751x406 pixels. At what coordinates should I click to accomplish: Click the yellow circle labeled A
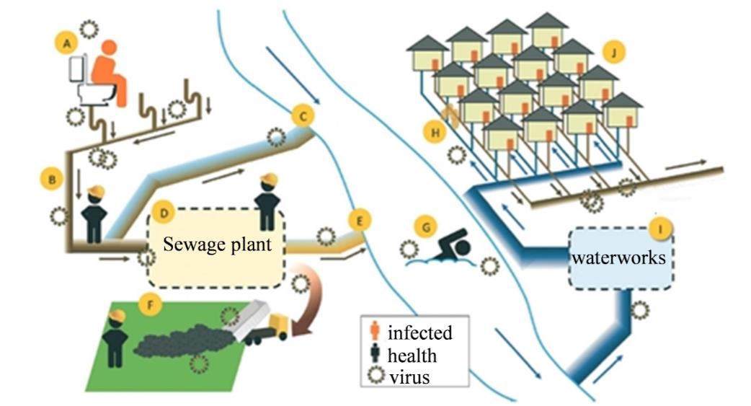pyautogui.click(x=67, y=43)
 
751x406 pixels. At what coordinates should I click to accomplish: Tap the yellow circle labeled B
pyautogui.click(x=52, y=180)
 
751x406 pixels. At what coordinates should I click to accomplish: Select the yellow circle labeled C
pyautogui.click(x=303, y=116)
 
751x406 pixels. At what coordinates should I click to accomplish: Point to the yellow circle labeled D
pyautogui.click(x=164, y=213)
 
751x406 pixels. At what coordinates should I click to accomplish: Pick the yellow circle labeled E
pyautogui.click(x=360, y=221)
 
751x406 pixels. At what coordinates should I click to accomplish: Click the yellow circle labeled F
pyautogui.click(x=151, y=304)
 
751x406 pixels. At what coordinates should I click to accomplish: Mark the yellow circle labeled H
pyautogui.click(x=435, y=131)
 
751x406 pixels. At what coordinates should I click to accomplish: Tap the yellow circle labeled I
pyautogui.click(x=661, y=229)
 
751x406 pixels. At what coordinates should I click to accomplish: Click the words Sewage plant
pyautogui.click(x=217, y=244)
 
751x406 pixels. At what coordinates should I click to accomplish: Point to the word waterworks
pyautogui.click(x=619, y=258)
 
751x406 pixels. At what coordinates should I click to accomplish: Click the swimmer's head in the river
pyautogui.click(x=462, y=248)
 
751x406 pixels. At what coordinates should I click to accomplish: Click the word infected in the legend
pyautogui.click(x=419, y=332)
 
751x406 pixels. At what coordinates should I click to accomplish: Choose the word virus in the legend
pyautogui.click(x=409, y=376)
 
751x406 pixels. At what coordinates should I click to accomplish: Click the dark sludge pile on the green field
pyautogui.click(x=185, y=340)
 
